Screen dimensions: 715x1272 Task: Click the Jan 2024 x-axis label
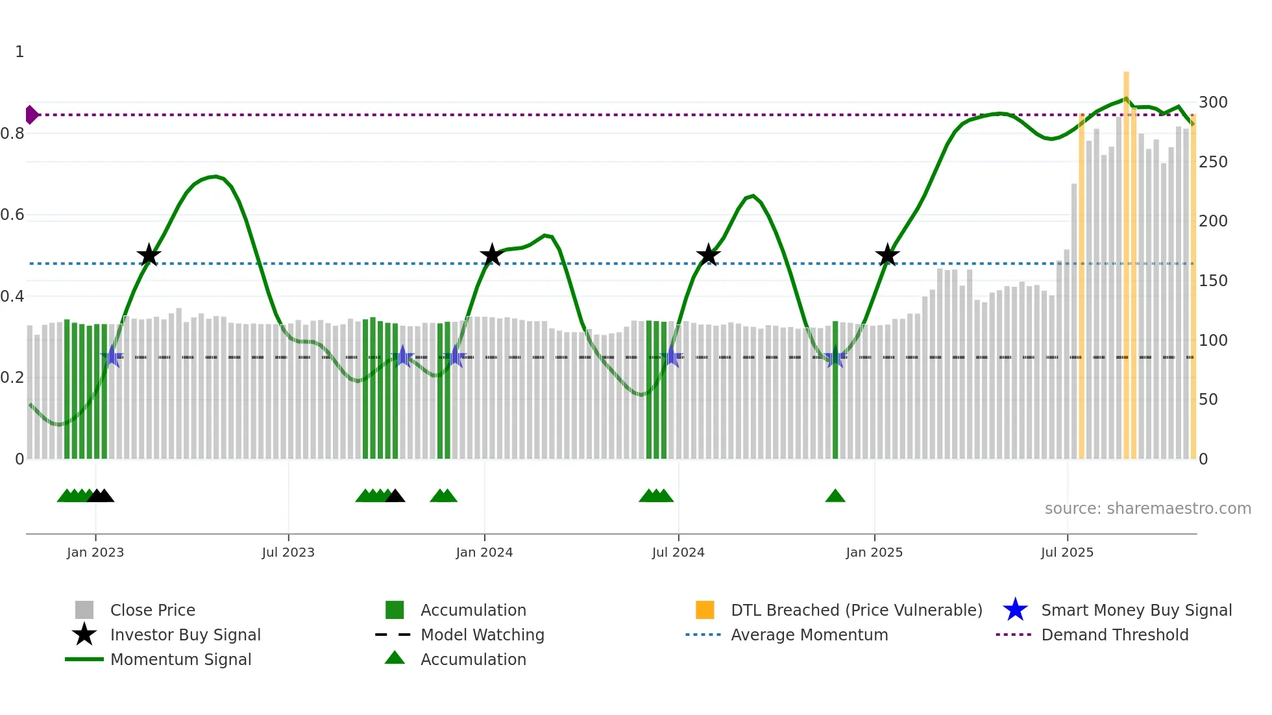484,552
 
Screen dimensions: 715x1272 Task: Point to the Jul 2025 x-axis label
1067,552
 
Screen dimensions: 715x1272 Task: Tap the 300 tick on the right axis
1212,103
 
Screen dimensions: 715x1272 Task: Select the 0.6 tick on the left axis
13,215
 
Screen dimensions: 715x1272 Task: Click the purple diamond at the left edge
31,115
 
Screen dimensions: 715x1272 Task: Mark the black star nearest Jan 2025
887,255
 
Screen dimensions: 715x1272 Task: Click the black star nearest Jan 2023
149,255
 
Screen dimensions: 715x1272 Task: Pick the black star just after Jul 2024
708,255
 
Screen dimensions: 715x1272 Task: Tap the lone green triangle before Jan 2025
835,496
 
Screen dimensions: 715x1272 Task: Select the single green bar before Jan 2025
835,389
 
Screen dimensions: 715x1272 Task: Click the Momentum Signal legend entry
180,659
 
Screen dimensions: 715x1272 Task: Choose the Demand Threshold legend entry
1114,635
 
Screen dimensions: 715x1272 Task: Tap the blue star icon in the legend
1015,610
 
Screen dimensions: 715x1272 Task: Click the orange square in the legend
705,610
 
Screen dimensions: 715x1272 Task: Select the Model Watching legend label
482,635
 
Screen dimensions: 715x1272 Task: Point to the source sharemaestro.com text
1147,509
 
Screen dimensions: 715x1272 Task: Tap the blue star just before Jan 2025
834,357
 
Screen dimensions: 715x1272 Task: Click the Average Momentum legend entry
809,635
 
